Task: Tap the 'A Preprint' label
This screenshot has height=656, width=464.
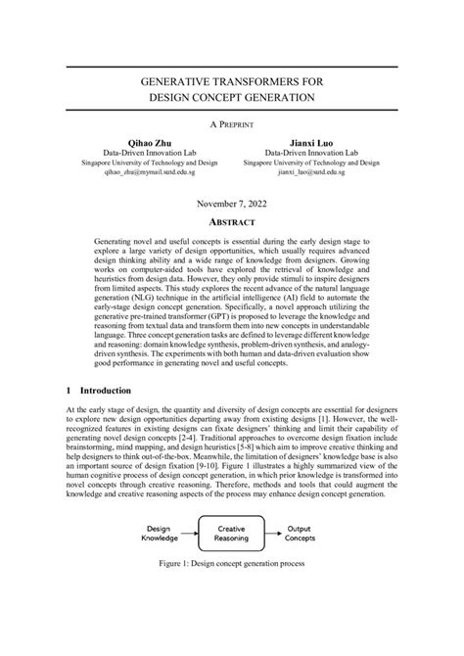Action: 232,125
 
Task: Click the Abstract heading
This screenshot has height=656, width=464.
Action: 232,222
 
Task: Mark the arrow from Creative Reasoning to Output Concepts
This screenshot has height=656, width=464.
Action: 270,533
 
